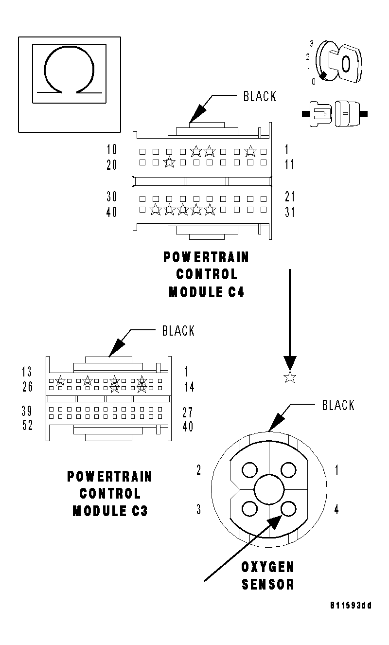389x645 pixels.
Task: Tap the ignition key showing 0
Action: [x=339, y=63]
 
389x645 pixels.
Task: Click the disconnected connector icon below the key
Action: [x=335, y=114]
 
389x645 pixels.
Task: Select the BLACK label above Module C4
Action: [x=260, y=96]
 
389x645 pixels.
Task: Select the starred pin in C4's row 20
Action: [x=169, y=162]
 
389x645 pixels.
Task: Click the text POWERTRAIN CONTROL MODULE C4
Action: [x=206, y=274]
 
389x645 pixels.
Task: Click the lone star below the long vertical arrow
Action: [x=290, y=376]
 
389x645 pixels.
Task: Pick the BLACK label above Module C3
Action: [x=178, y=331]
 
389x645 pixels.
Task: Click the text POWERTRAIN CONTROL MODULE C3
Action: [x=110, y=493]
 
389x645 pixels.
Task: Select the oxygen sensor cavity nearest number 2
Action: [x=249, y=470]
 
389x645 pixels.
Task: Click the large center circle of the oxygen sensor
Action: [x=269, y=489]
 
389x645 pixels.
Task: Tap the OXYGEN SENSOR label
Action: [x=268, y=575]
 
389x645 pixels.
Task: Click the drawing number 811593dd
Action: [x=351, y=606]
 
